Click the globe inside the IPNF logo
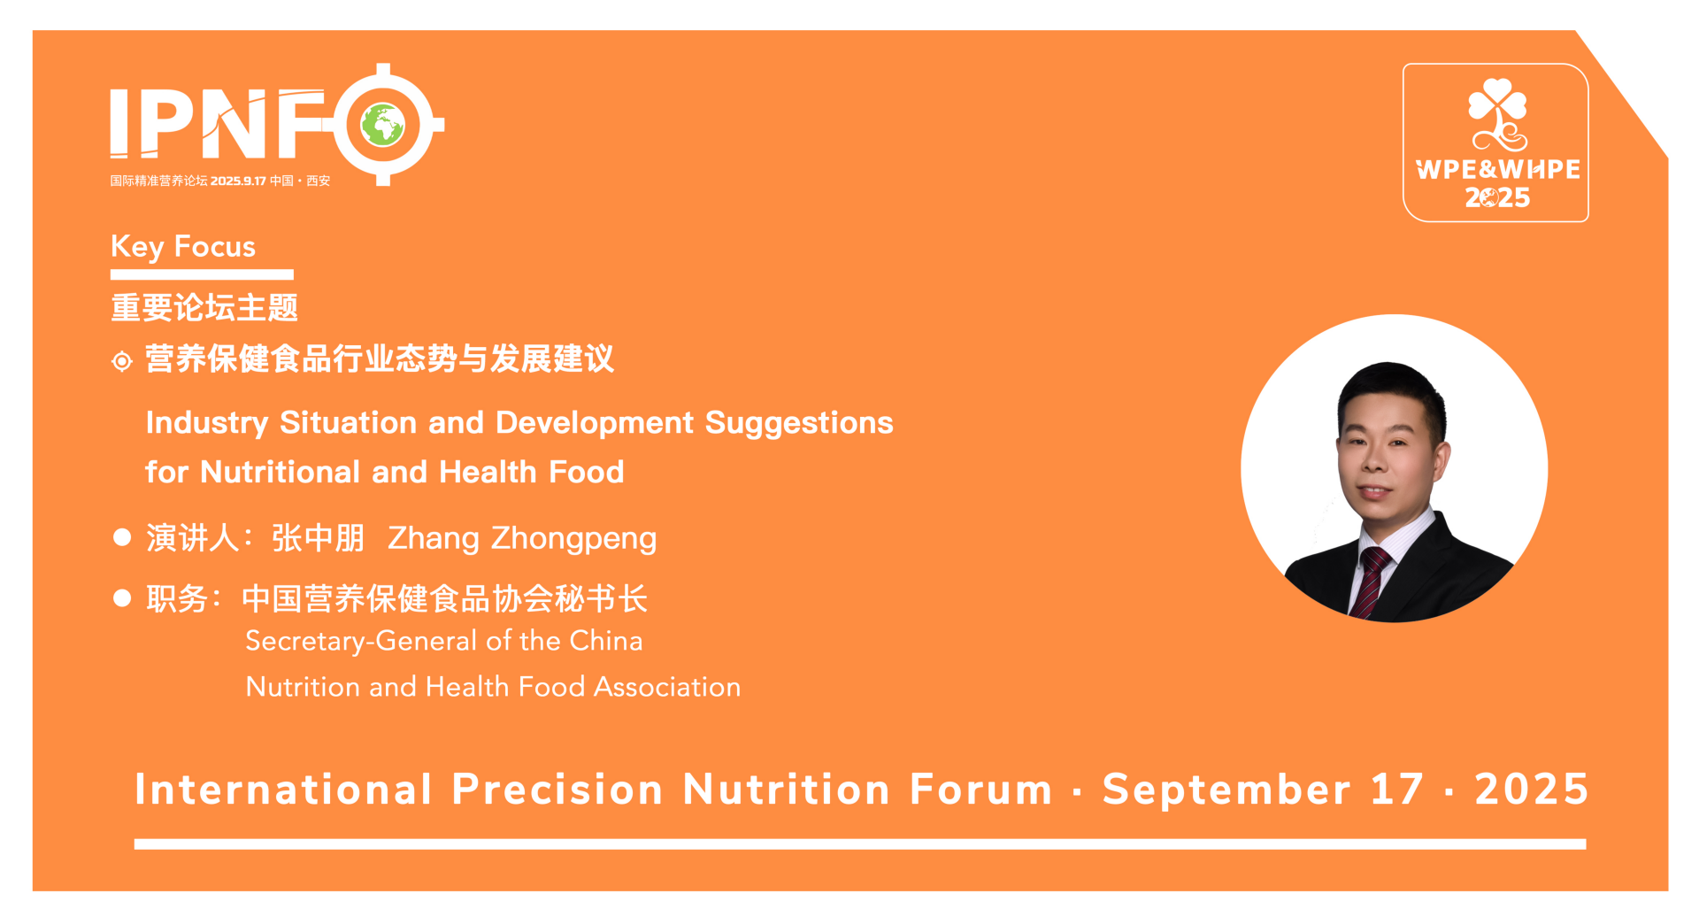pyautogui.click(x=383, y=124)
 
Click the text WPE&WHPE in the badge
pyautogui.click(x=1497, y=169)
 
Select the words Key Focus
pyautogui.click(x=183, y=247)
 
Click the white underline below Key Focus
pyautogui.click(x=202, y=274)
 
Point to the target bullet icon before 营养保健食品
pyautogui.click(x=122, y=361)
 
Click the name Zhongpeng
pyautogui.click(x=573, y=539)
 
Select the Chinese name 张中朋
pyautogui.click(x=318, y=538)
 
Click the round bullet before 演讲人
pyautogui.click(x=122, y=537)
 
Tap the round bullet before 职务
pyautogui.click(x=122, y=598)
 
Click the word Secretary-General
pyautogui.click(x=361, y=642)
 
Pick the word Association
pyautogui.click(x=667, y=687)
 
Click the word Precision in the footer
pyautogui.click(x=557, y=790)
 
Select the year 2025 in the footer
pyautogui.click(x=1532, y=790)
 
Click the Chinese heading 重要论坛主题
pyautogui.click(x=204, y=308)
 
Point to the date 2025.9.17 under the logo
pyautogui.click(x=238, y=181)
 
